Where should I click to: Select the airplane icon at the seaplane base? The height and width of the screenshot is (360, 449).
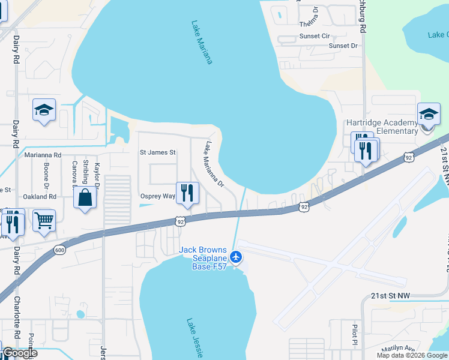[236, 257]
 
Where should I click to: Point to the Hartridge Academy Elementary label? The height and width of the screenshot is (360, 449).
[382, 127]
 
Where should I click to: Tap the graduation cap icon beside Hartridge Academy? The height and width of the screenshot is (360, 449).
[429, 114]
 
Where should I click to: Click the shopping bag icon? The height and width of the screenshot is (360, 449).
[85, 197]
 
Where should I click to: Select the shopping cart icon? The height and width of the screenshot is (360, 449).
[44, 220]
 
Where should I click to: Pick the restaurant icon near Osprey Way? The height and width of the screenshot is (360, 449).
[187, 192]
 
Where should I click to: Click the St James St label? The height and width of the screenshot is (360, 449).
[157, 152]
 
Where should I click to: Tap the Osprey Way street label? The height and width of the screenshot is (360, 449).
[157, 196]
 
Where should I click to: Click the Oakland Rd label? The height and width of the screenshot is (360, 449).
[40, 196]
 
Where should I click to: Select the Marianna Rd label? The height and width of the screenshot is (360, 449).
[43, 155]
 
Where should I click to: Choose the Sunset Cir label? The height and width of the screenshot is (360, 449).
[315, 36]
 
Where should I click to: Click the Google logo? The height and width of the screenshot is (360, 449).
[20, 353]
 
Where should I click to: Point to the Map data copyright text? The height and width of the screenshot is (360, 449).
[412, 355]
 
